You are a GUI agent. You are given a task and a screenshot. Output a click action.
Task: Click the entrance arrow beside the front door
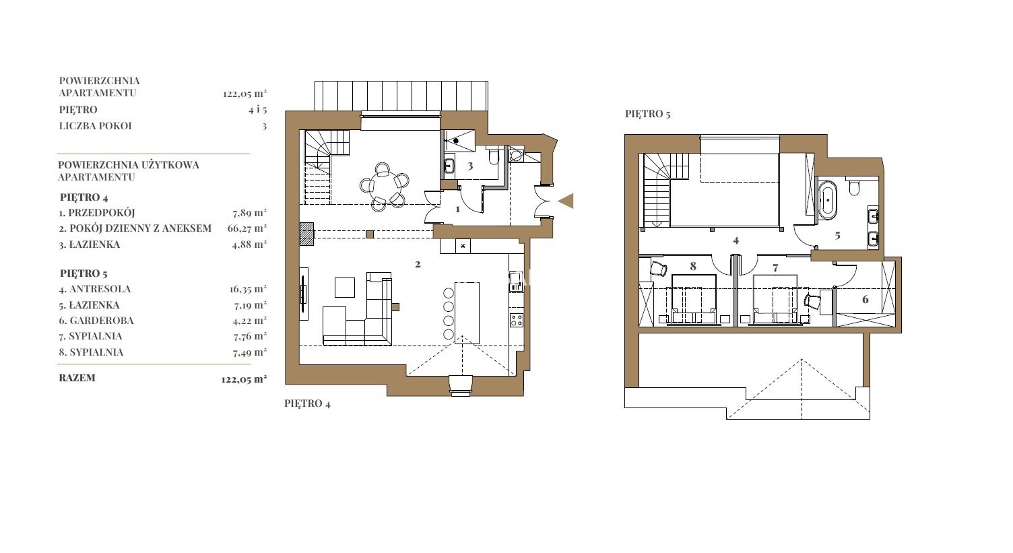pos(566,201)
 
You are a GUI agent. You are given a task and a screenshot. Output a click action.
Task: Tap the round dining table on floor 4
pos(385,186)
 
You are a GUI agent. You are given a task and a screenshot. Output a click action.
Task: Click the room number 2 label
pos(418,264)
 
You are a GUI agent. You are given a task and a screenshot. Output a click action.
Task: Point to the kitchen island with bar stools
pos(467,313)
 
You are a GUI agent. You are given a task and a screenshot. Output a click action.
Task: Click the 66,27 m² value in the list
pos(247,228)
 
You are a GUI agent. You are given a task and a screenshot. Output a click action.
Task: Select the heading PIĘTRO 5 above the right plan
pos(647,114)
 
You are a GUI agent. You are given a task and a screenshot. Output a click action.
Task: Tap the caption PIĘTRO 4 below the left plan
pos(307,403)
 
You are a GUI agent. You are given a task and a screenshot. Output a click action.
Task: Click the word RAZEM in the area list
pos(77,378)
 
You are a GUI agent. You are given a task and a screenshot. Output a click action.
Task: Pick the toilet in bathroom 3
pos(494,156)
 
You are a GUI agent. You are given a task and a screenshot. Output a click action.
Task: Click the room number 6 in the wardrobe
pos(865,299)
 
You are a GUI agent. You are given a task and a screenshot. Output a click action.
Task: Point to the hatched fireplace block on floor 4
pos(306,234)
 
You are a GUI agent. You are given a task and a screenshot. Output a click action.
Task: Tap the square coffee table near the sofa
pos(345,287)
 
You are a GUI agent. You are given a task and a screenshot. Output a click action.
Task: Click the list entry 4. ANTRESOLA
pos(95,289)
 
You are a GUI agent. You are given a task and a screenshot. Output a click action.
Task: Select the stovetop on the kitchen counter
pos(517,320)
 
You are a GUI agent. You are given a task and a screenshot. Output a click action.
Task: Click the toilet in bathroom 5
pos(854,187)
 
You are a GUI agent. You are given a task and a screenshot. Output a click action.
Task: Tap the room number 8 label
pos(693,266)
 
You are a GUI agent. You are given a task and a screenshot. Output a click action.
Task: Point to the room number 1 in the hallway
pos(457,209)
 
